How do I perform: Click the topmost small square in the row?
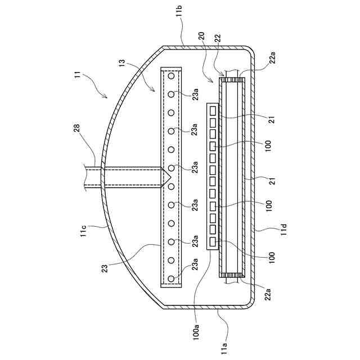213,110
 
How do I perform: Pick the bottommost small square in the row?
213,242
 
